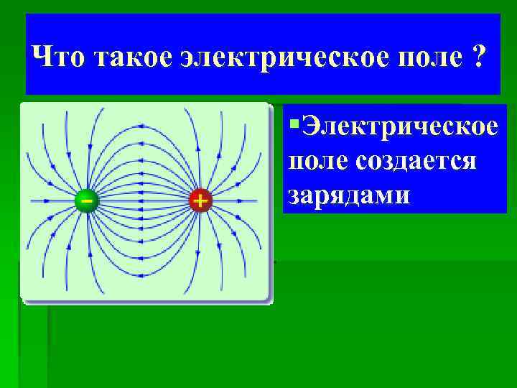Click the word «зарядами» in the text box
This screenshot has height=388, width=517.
tap(350, 194)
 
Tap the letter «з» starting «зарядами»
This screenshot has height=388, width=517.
tap(294, 195)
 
